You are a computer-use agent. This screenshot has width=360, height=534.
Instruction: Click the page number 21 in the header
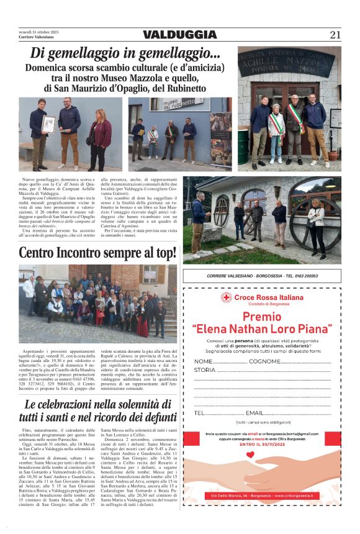tap(335, 35)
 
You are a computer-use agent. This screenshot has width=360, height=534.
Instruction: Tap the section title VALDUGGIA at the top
tap(180, 35)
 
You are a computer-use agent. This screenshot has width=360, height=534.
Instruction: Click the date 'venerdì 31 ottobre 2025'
tap(38, 32)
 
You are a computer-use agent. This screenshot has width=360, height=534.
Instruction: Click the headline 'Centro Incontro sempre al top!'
tap(97, 253)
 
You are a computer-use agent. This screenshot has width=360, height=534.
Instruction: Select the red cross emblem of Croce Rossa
tap(226, 298)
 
